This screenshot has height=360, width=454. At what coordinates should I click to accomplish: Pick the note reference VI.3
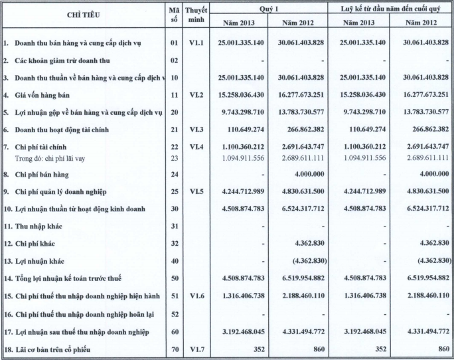(x=196, y=128)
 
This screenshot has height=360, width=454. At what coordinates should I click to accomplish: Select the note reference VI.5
(x=196, y=192)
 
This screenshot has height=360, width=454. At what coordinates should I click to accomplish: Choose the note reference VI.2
(x=196, y=95)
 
